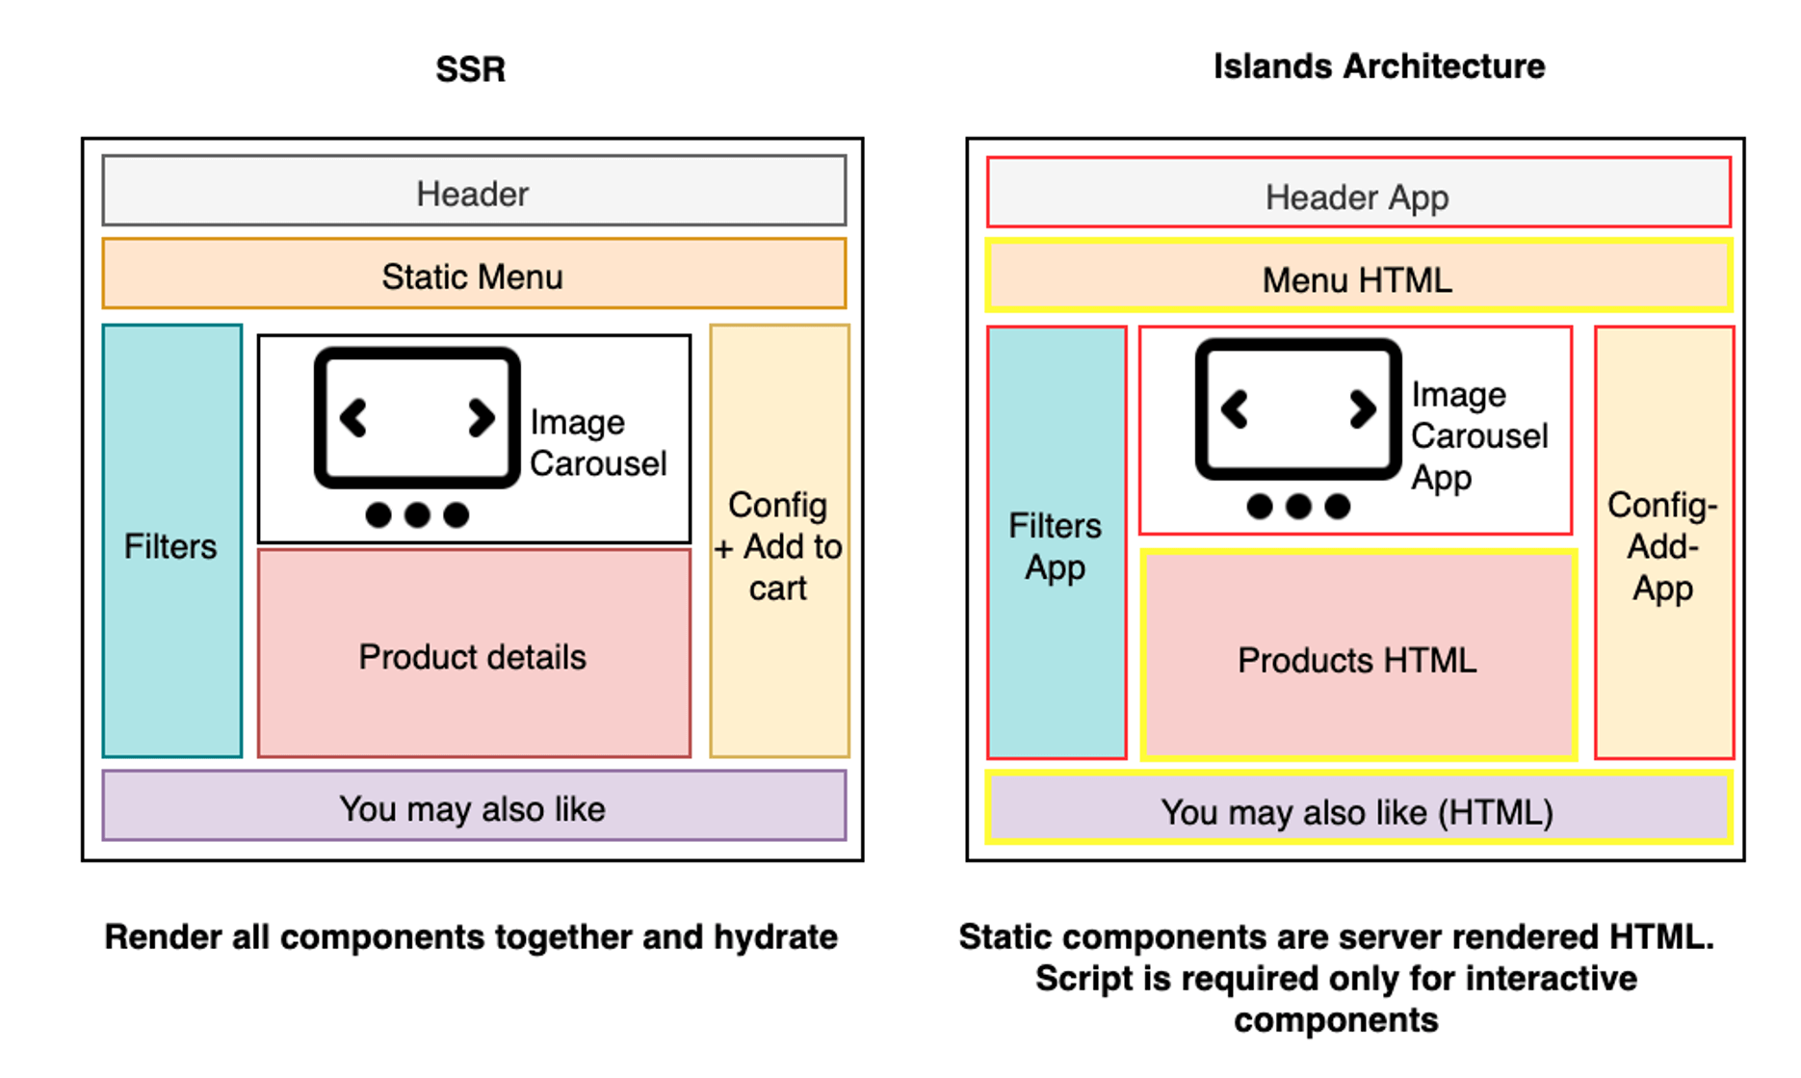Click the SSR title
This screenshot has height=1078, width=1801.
(x=470, y=69)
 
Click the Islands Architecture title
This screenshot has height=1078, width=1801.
(x=1378, y=66)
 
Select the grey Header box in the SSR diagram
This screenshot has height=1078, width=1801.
(x=474, y=192)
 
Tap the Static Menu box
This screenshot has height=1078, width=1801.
(x=474, y=276)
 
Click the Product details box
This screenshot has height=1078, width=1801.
(x=474, y=655)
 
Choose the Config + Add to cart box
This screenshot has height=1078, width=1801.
(x=778, y=545)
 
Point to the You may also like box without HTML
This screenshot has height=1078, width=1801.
(x=474, y=807)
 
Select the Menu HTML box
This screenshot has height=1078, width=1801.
(x=1357, y=278)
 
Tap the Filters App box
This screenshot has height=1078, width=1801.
(x=1056, y=545)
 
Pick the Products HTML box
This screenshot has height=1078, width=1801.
(x=1357, y=659)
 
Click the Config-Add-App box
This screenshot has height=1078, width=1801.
(x=1663, y=545)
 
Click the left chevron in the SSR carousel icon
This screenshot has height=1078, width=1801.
(x=353, y=418)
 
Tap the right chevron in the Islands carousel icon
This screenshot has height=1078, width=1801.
(x=1362, y=408)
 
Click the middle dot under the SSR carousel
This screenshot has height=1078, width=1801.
(x=417, y=515)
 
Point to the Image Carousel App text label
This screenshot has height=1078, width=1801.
(x=1479, y=435)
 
